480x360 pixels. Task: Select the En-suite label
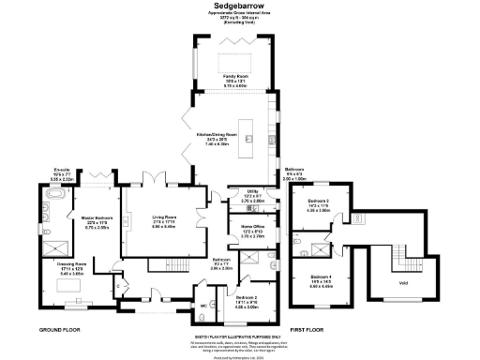[x=62, y=172]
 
